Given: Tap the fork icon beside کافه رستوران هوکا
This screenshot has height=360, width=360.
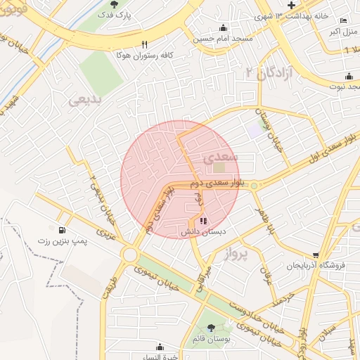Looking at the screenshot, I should [145, 43].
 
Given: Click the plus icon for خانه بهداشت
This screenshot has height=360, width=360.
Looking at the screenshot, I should [291, 5].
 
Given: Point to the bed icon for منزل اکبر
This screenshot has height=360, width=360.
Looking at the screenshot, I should [343, 20].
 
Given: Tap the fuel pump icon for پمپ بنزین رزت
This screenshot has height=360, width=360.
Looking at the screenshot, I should [63, 230].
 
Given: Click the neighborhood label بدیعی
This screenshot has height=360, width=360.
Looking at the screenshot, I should [86, 101].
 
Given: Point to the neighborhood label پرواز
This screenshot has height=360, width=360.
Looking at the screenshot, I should [237, 255].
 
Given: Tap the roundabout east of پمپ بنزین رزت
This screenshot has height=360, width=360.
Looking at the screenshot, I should [129, 255].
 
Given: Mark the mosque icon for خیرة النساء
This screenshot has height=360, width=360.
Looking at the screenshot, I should [160, 346].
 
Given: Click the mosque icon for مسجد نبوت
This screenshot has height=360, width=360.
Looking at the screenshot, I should [349, 77].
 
